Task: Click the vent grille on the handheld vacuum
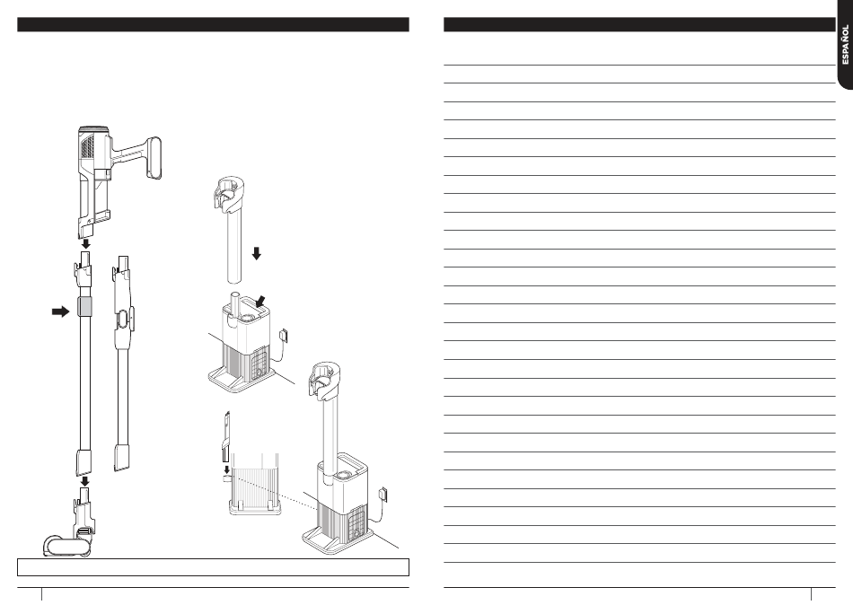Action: click(x=87, y=145)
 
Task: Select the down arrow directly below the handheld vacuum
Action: click(x=85, y=244)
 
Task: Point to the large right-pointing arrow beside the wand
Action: click(x=60, y=311)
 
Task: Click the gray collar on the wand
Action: click(x=85, y=308)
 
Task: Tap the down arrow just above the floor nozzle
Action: click(x=85, y=481)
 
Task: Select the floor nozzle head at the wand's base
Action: click(x=66, y=545)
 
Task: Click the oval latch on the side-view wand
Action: click(x=124, y=320)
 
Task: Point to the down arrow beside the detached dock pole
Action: click(x=256, y=253)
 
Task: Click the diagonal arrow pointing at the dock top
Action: click(x=261, y=302)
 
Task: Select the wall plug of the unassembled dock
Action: click(x=283, y=336)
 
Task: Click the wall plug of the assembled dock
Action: click(x=383, y=494)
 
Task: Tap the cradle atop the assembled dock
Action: click(x=323, y=379)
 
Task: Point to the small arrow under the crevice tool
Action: click(x=227, y=469)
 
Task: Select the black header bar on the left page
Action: click(x=214, y=24)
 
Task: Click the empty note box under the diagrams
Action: click(x=214, y=567)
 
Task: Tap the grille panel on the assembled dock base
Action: click(x=355, y=524)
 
